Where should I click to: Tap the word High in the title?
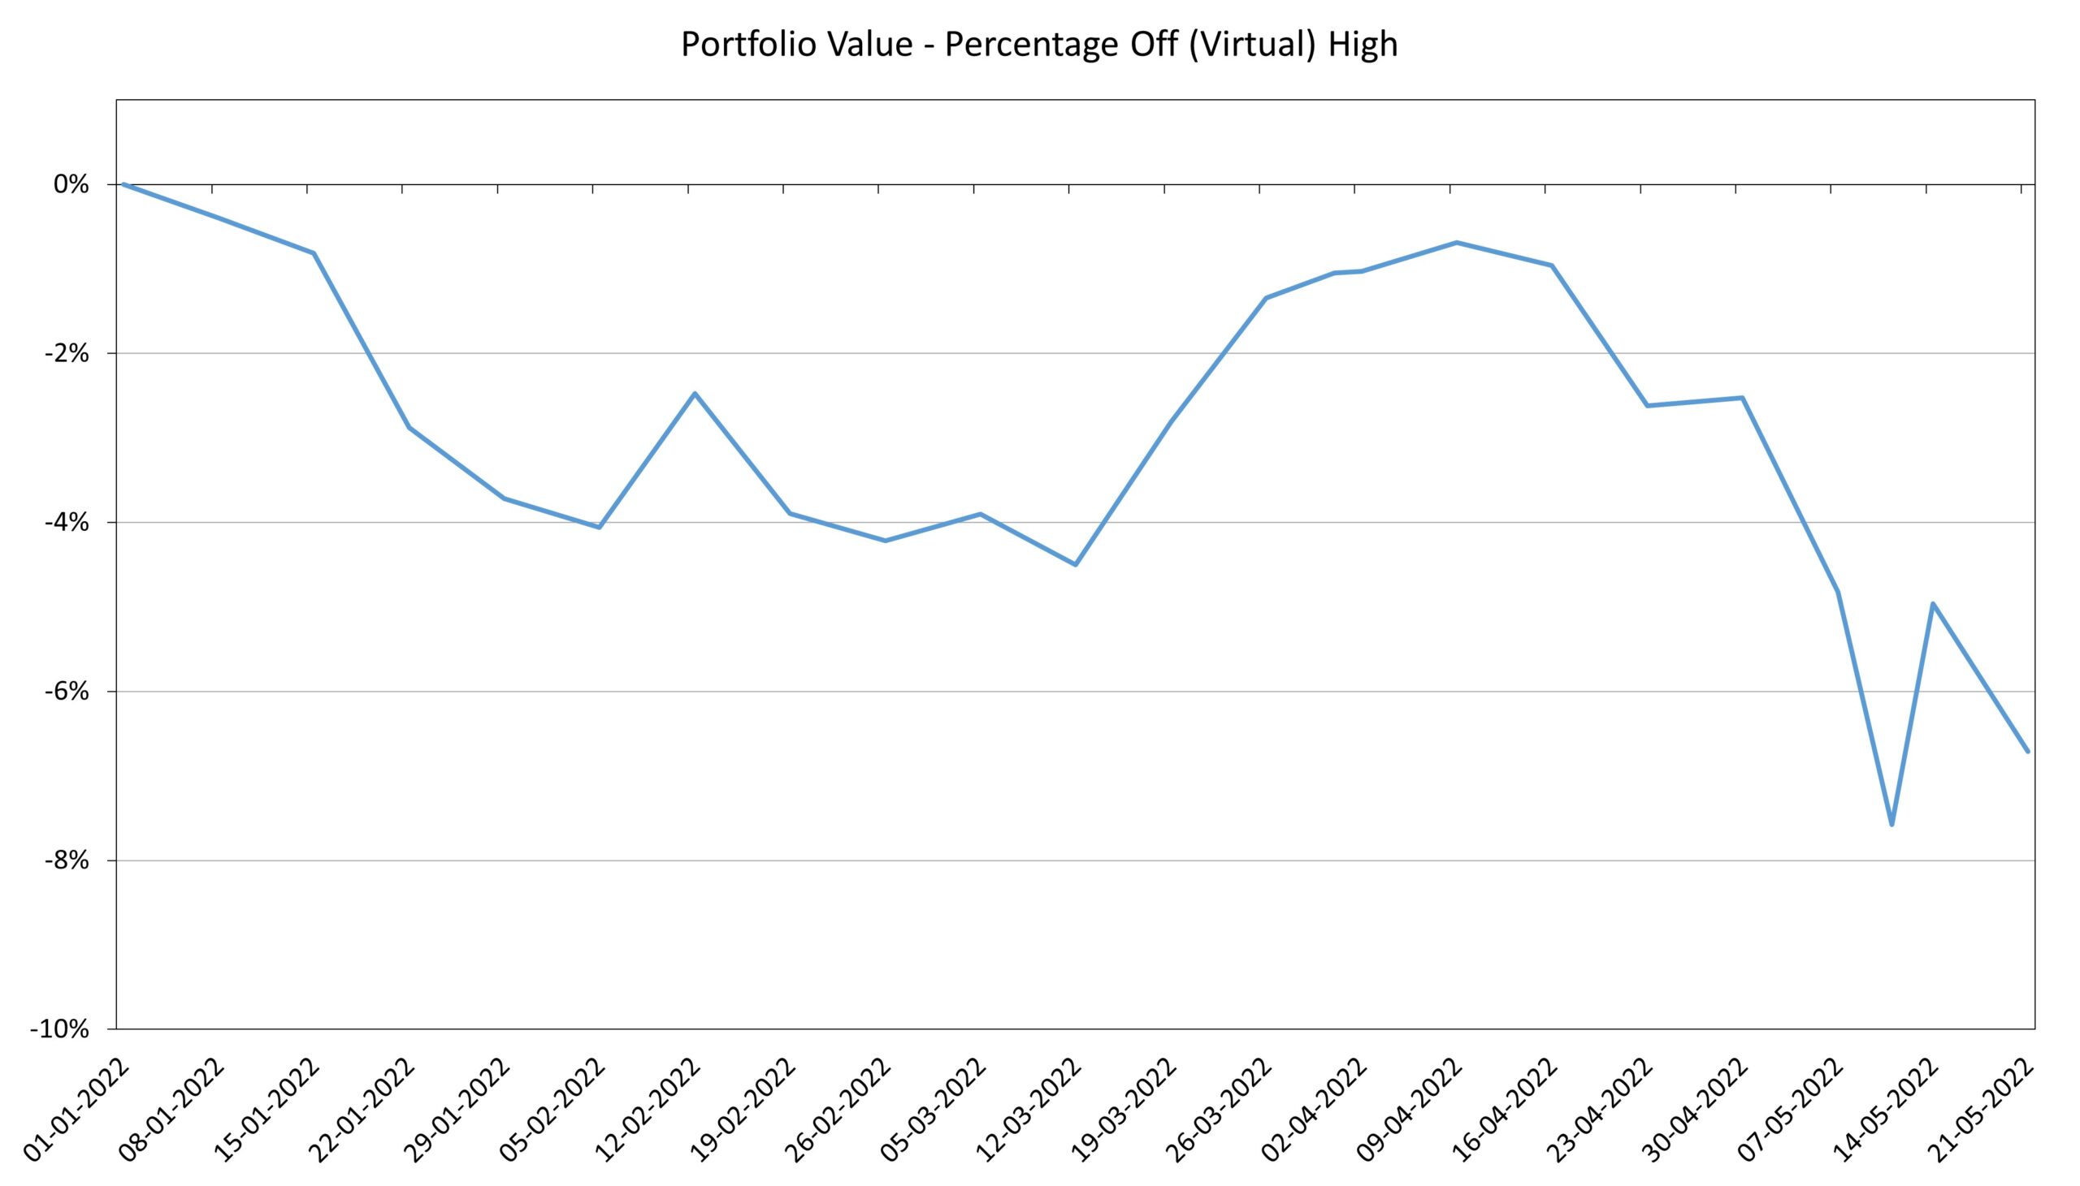(x=1363, y=44)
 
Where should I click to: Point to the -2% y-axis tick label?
(x=67, y=353)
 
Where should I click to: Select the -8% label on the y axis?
(x=67, y=860)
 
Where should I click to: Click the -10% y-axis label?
(x=59, y=1029)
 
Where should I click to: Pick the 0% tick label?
(x=71, y=185)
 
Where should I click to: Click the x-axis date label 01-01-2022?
(x=77, y=1110)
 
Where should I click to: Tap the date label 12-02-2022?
(x=648, y=1110)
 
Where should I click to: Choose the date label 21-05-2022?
(x=1981, y=1110)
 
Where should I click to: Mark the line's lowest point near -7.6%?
(x=1891, y=825)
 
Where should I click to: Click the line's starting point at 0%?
(x=123, y=184)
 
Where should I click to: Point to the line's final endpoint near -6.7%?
(x=2028, y=751)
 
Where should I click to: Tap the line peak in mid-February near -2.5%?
(x=695, y=394)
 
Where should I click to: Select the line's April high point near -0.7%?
(x=1457, y=243)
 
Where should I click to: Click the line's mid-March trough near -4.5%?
(x=1076, y=564)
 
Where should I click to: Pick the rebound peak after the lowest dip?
(x=1933, y=604)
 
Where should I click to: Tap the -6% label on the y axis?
(x=67, y=692)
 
